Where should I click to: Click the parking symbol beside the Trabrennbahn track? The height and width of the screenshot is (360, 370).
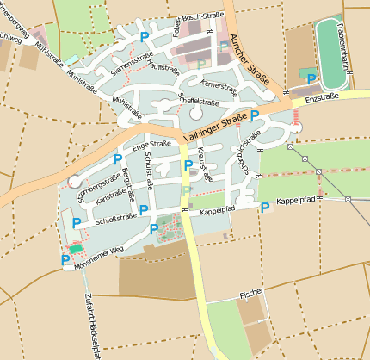pos(311,78)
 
